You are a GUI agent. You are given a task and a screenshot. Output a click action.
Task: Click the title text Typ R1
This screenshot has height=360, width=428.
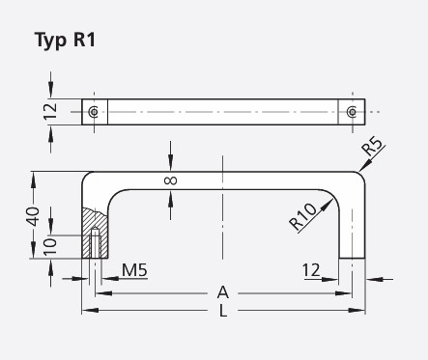click(65, 41)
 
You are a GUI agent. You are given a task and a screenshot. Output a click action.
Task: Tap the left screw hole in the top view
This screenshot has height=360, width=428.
click(93, 112)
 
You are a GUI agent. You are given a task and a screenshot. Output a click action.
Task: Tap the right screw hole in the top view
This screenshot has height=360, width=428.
click(351, 112)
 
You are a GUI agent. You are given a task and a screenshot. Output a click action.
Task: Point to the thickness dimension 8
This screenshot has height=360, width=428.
click(171, 180)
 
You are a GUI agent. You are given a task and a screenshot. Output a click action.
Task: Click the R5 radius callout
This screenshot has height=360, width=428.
click(374, 150)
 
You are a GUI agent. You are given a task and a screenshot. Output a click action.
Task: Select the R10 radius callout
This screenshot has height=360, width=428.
click(303, 218)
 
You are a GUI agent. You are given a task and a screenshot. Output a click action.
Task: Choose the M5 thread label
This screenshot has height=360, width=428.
click(133, 271)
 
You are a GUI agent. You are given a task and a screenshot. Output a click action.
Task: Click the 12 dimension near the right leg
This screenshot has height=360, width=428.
click(311, 271)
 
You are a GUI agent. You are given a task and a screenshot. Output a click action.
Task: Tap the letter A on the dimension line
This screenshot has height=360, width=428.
click(223, 291)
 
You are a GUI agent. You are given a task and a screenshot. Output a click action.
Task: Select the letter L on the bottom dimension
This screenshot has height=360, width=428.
click(223, 311)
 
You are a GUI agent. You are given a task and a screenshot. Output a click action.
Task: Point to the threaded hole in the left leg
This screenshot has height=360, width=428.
click(95, 245)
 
